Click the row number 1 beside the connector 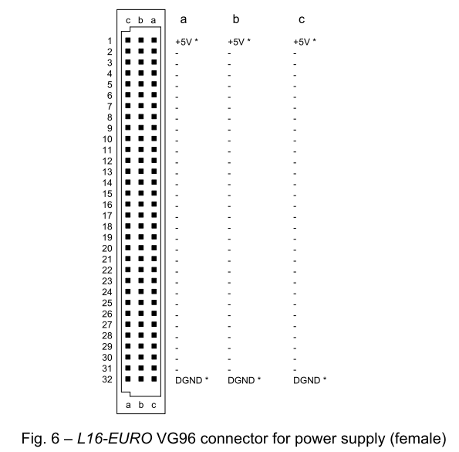point(110,41)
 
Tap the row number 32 point(107,379)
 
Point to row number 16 point(107,205)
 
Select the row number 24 point(107,292)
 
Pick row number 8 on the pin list point(110,117)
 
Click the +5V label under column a point(184,42)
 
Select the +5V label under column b point(236,42)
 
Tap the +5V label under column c point(302,42)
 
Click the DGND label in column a point(189,380)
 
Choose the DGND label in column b point(241,380)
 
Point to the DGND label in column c point(307,380)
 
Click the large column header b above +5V point(236,19)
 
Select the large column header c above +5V point(302,20)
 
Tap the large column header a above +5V point(184,20)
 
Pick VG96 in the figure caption point(176,439)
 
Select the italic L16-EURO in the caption point(115,439)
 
